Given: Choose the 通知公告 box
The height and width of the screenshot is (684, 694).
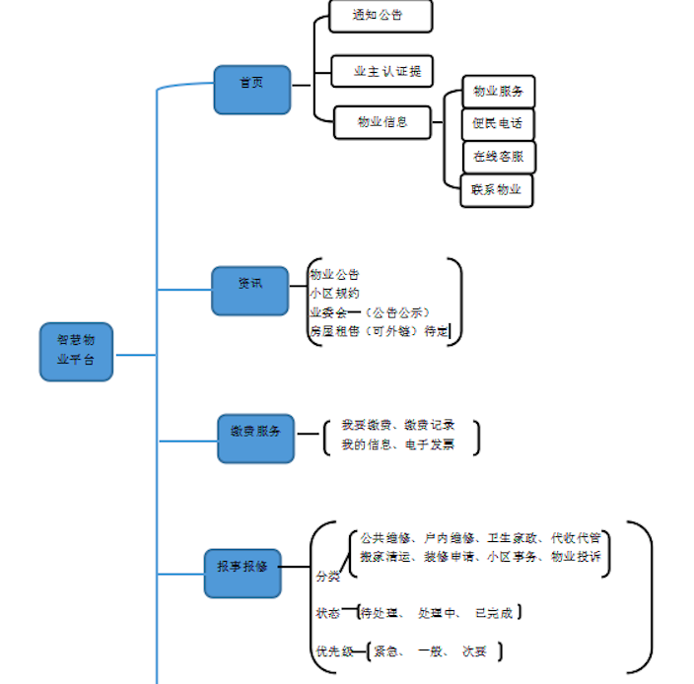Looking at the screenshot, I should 380,16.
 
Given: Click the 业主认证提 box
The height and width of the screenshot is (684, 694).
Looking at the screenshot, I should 382,71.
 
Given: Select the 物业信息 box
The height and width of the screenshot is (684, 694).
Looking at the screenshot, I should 382,122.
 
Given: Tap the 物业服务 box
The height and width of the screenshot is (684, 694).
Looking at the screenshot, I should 498,92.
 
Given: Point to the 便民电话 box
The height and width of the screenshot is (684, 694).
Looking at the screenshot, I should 498,124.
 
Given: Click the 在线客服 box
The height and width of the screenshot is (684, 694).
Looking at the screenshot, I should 499,157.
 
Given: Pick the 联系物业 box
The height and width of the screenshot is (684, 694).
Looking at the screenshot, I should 497,189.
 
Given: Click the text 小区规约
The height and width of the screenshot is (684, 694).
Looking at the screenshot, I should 335,293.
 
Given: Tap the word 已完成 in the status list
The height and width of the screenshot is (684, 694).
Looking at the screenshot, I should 494,613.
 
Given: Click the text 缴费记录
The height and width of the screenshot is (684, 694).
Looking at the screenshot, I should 430,425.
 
